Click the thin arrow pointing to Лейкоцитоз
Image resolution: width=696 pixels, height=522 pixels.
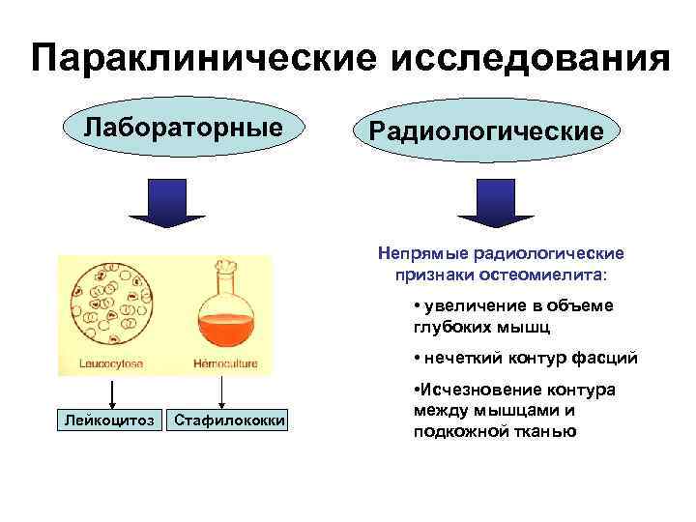pyautogui.click(x=111, y=393)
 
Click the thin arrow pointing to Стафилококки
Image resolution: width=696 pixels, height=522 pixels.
pyautogui.click(x=224, y=393)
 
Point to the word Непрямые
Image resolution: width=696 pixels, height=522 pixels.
pyautogui.click(x=422, y=253)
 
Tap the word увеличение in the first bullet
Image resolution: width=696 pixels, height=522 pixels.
pyautogui.click(x=474, y=305)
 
